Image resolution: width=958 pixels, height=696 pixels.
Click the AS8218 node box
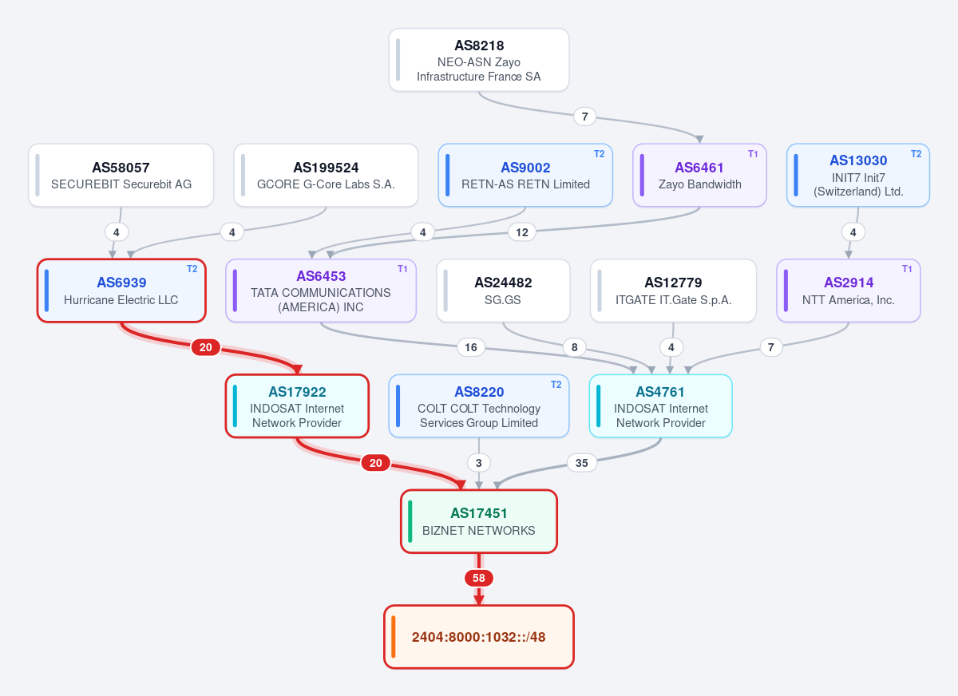point(478,60)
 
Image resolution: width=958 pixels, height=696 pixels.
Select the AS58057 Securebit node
point(121,176)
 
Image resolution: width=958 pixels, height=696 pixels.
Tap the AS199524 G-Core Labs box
point(326,176)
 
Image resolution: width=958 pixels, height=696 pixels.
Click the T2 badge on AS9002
point(599,154)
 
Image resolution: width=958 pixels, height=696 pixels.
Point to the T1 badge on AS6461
point(753,154)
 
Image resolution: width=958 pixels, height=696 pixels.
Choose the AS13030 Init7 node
point(858,176)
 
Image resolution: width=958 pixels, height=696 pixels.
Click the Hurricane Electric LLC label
point(121,300)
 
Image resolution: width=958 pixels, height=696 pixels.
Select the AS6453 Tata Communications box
point(321,291)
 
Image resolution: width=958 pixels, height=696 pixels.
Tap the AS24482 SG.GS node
point(503,291)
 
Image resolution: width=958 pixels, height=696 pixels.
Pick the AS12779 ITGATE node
point(673,291)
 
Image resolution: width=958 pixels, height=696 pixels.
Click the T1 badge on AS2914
point(907,269)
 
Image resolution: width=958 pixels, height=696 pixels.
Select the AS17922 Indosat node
point(297,406)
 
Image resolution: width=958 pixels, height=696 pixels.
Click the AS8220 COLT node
point(478,406)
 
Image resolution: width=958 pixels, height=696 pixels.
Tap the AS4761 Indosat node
point(661,406)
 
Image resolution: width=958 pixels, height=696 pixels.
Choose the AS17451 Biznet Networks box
point(478,521)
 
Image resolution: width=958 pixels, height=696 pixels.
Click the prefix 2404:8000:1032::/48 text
point(478,637)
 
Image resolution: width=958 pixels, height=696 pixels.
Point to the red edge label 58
point(478,578)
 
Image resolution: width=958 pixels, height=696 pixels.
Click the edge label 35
point(582,463)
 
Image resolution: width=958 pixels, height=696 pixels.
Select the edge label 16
point(471,347)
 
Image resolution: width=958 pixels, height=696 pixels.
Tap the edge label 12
point(522,232)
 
